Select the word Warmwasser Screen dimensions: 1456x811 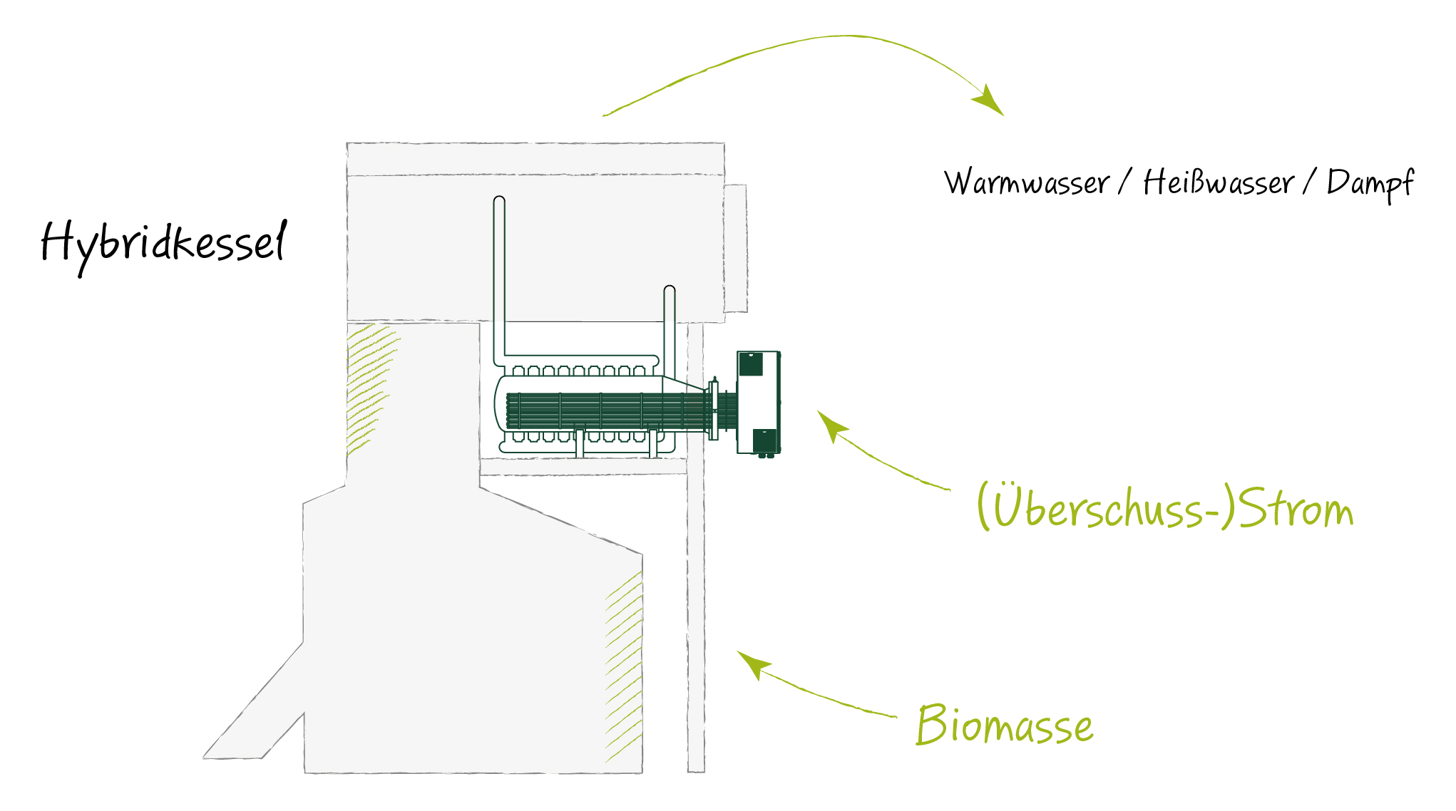(1027, 183)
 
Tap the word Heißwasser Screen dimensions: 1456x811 (1219, 182)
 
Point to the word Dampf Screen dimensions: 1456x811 (1370, 185)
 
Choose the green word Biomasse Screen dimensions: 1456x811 (1005, 724)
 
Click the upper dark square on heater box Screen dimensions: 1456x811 (751, 364)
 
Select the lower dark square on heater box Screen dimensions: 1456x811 (764, 440)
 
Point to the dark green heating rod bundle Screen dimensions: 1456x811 (609, 411)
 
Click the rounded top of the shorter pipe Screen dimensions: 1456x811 (670, 291)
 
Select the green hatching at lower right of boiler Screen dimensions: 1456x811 (624, 666)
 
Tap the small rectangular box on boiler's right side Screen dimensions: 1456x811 (736, 248)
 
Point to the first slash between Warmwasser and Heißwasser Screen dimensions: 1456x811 (1124, 182)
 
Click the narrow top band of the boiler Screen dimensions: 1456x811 (535, 158)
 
